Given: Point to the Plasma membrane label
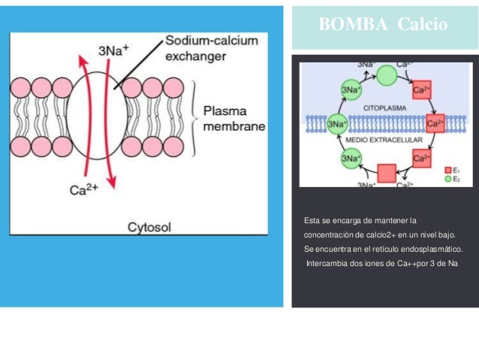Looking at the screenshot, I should tap(234, 118).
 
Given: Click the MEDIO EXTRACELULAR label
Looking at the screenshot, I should tap(384, 141).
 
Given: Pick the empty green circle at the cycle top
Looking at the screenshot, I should tap(387, 75).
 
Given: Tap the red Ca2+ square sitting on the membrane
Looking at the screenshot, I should tap(435, 123).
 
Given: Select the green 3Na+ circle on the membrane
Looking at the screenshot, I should tap(339, 123).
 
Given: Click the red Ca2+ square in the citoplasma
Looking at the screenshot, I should tap(422, 89).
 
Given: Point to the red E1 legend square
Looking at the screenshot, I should tap(447, 171).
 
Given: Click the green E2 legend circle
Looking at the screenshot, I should tap(447, 180).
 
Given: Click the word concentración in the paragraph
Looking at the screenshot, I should tap(328, 234).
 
